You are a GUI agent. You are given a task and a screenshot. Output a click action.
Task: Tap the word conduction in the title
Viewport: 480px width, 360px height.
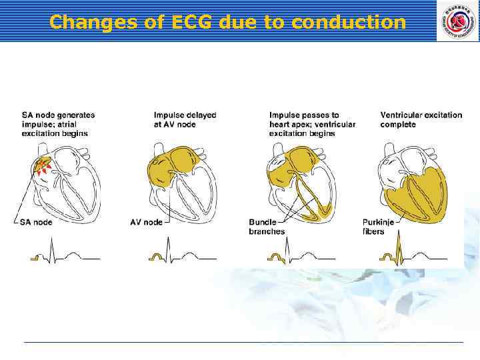coord(349,22)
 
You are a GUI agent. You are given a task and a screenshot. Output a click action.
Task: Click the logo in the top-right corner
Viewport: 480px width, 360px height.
coord(457,21)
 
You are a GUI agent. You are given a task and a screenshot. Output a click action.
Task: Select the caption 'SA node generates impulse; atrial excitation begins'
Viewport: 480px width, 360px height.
coord(59,125)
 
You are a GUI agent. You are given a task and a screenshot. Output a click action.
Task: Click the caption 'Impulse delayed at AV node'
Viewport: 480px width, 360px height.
coord(185,120)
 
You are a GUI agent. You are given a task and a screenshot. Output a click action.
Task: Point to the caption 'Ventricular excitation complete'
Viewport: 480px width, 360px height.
coord(421,120)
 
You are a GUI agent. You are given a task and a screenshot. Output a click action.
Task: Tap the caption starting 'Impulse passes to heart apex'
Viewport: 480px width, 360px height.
coord(312,125)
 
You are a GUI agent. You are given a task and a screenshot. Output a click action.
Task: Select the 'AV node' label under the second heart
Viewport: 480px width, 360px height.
coord(146,223)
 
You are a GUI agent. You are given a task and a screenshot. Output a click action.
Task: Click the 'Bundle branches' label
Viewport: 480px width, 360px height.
coord(267,227)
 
